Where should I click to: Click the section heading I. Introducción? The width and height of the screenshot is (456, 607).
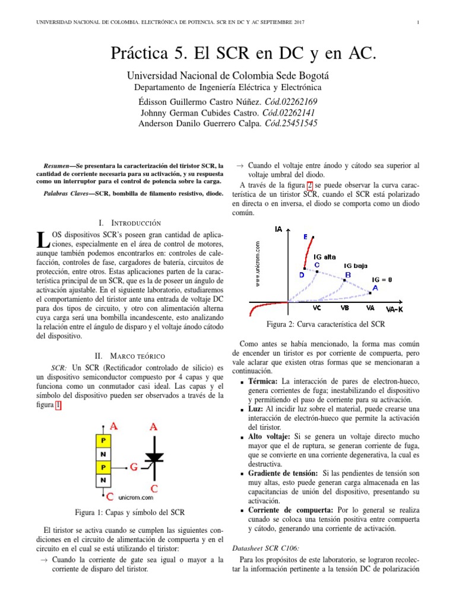[129, 223]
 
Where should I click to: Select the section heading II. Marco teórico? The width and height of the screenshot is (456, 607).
[129, 356]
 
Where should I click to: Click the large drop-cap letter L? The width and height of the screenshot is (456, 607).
[41, 239]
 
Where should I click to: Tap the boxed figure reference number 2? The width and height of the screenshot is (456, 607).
[309, 185]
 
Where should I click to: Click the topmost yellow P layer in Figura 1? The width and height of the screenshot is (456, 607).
[103, 441]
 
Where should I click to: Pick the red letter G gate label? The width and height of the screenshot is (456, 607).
[134, 467]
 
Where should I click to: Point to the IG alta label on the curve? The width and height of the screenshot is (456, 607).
[325, 257]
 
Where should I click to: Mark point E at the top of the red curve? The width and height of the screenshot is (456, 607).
[305, 237]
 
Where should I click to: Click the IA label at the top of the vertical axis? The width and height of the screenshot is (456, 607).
[278, 229]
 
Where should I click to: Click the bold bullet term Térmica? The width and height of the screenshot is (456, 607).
[264, 381]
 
